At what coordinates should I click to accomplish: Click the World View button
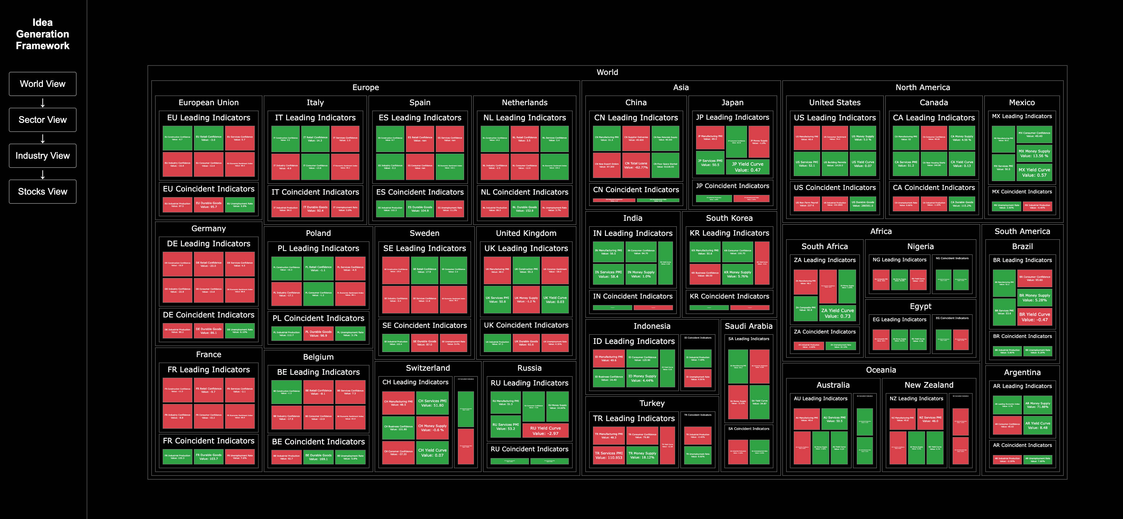coord(43,84)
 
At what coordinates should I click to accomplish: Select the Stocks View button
coord(43,192)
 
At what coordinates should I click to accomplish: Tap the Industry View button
coord(43,156)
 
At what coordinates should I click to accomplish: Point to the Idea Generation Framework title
coord(43,34)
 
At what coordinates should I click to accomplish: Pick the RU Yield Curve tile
coord(545,431)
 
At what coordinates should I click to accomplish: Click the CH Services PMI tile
coord(432,403)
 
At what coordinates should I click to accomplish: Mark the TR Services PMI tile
coord(608,455)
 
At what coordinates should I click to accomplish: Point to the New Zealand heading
coord(929,385)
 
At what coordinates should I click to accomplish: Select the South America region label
coord(1022,231)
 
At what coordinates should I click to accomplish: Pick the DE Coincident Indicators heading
coord(208,315)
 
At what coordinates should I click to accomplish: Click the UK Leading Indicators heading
coord(526,248)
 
